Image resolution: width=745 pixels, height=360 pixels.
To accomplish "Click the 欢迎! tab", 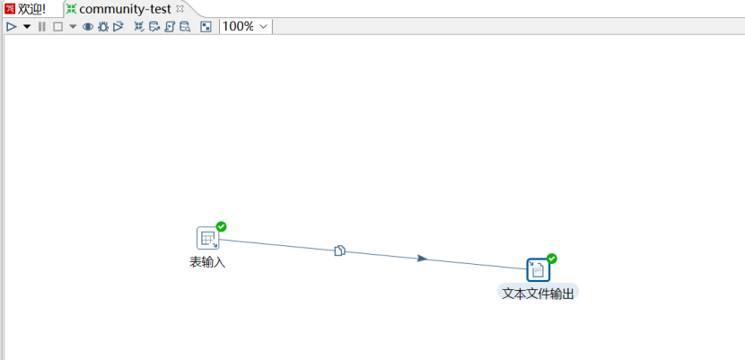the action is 26,9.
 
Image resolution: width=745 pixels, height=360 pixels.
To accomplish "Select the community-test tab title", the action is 125,9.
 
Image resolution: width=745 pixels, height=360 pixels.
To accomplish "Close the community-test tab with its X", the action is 180,8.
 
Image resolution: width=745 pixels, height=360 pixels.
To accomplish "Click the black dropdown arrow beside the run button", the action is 27,27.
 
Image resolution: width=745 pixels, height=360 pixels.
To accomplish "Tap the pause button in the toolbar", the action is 42,27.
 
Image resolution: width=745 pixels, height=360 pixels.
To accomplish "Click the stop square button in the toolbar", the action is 57,27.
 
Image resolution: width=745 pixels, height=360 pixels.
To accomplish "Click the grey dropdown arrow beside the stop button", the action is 73,27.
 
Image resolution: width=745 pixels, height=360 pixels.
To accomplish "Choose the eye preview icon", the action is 88,27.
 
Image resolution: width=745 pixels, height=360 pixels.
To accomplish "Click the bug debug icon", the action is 103,27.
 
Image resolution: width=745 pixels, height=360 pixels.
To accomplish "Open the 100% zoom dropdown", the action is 246,27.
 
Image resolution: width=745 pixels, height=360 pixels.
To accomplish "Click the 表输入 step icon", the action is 208,238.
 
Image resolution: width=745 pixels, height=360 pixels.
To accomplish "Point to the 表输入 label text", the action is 207,262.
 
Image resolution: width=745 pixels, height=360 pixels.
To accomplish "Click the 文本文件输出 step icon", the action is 539,269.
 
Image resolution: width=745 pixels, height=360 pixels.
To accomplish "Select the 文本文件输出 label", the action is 539,294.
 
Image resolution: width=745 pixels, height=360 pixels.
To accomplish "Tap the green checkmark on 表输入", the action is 221,226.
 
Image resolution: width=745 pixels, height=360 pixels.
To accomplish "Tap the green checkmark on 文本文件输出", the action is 552,259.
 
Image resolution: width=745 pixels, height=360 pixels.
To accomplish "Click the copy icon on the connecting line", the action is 339,250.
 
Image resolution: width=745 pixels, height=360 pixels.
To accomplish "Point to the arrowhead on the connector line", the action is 423,259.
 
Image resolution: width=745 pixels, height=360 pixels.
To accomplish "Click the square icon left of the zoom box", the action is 206,27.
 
